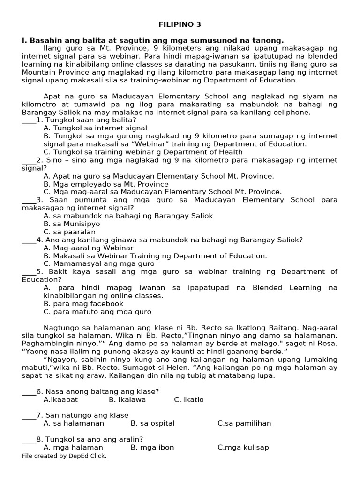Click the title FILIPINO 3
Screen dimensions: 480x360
180,24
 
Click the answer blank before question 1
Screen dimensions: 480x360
29,120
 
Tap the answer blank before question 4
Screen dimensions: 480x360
29,240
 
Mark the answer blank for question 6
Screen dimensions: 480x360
29,392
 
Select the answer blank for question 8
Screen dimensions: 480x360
29,440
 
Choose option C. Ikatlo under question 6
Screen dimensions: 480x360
188,400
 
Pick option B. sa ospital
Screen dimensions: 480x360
152,423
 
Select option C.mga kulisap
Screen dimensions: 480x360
243,447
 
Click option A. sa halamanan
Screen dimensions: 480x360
74,423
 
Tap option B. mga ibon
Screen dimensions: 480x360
152,447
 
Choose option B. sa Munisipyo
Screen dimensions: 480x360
72,224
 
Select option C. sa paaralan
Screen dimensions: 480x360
69,232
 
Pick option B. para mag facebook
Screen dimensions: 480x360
83,304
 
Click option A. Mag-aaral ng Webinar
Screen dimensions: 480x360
88,248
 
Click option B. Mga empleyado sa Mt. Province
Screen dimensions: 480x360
106,184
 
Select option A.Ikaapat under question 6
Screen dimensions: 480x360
60,400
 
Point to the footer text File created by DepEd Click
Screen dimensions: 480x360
64,456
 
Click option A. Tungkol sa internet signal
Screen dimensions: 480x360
95,128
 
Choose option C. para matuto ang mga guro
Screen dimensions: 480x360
97,312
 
